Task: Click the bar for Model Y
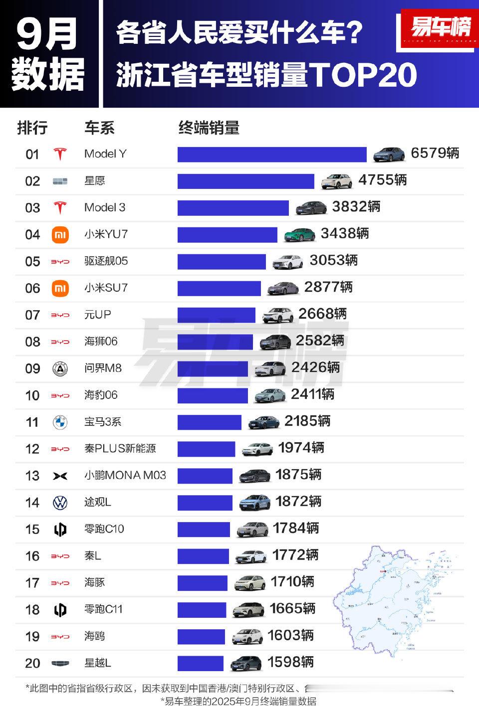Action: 272,154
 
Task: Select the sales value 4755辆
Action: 383,180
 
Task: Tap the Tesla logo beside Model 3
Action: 60,207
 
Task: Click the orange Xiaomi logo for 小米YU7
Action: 60,234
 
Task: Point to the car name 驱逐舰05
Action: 106,261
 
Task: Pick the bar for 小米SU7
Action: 219,288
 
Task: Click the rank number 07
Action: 32,315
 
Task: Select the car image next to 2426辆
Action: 270,368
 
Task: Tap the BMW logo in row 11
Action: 60,422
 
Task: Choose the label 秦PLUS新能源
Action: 120,449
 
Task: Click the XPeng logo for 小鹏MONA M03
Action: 60,476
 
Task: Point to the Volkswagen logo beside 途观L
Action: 60,503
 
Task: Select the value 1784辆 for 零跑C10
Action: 296,528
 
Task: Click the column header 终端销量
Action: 209,128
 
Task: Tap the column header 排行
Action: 32,128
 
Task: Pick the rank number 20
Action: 32,663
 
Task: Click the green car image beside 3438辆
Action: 300,234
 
